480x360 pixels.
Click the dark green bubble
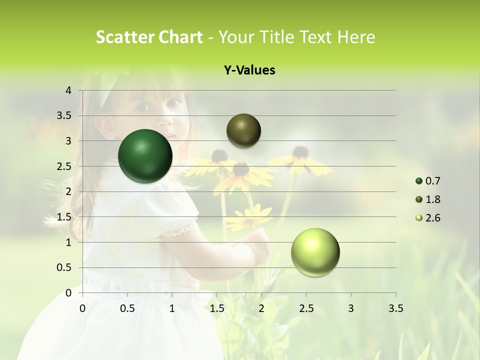click(x=145, y=156)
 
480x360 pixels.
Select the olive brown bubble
click(x=244, y=130)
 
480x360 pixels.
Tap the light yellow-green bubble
click(x=315, y=252)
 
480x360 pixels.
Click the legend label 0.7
click(x=433, y=181)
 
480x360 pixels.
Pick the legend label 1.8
click(x=433, y=199)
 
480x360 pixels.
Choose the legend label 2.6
click(x=433, y=218)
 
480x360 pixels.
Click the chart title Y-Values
click(x=249, y=70)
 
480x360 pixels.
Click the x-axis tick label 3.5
click(x=395, y=308)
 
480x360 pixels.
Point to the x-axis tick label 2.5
click(x=306, y=308)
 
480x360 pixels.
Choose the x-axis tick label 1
click(x=172, y=308)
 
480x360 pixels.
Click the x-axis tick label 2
click(x=261, y=308)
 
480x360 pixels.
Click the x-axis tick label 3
click(x=351, y=308)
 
